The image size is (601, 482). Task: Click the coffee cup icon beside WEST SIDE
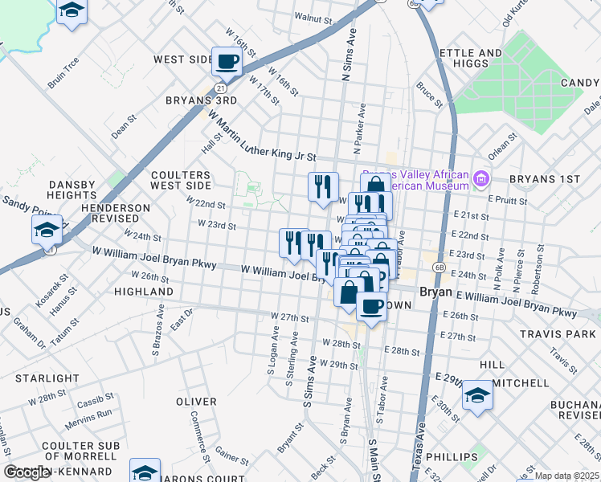click(x=227, y=61)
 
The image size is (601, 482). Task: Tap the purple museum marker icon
click(x=481, y=178)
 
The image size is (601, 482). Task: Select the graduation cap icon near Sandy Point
click(x=47, y=230)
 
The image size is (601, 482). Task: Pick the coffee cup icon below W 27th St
click(x=370, y=306)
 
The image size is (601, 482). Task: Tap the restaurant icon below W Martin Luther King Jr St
click(x=323, y=187)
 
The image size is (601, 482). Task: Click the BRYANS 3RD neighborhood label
click(x=201, y=100)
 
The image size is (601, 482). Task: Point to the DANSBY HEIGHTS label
click(x=61, y=190)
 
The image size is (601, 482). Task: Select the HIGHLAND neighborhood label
click(x=144, y=291)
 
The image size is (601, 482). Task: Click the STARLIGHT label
click(x=50, y=378)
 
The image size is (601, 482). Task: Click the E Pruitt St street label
click(x=527, y=201)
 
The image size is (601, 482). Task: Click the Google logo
click(x=27, y=472)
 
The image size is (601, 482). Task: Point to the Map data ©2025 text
click(x=566, y=476)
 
